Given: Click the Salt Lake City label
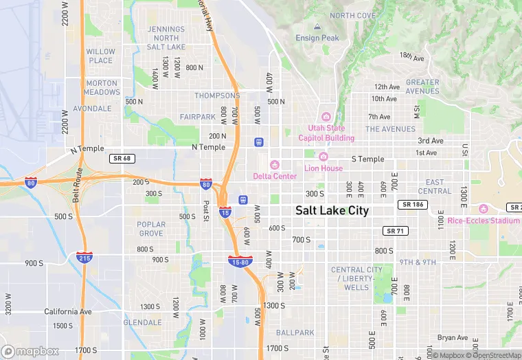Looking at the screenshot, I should (x=332, y=211).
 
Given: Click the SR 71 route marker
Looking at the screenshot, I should (x=394, y=230).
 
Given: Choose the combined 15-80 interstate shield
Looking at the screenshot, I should (x=240, y=261).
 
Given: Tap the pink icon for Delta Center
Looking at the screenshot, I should (x=275, y=165).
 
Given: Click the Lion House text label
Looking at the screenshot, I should (x=323, y=168).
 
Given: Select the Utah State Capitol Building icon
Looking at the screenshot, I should (x=326, y=117).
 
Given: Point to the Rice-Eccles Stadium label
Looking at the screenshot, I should (x=483, y=221).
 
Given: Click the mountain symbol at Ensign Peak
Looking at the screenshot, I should (x=317, y=27).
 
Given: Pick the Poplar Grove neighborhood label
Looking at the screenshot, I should (x=151, y=229).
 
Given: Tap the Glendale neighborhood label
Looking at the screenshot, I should (x=143, y=322).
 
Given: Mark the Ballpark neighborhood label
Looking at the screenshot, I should (x=295, y=333).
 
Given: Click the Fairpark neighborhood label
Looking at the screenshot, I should (x=198, y=117).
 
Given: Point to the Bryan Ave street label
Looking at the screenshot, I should (x=453, y=337).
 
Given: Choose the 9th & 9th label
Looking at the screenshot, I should (x=418, y=262).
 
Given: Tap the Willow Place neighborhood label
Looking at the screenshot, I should (x=100, y=56).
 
